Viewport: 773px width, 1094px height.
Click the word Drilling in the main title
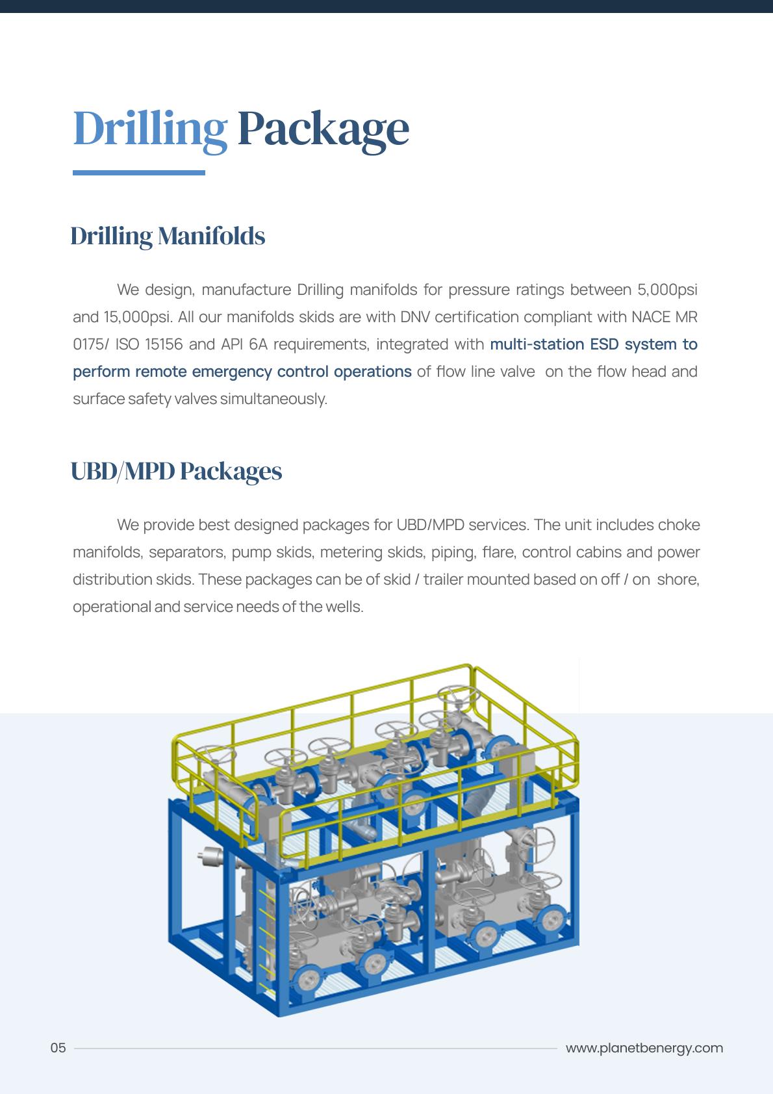click(x=150, y=129)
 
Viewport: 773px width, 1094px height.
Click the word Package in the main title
click(x=323, y=129)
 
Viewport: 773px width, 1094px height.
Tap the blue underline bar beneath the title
click(x=138, y=173)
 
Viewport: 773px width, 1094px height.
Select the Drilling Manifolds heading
click(x=168, y=236)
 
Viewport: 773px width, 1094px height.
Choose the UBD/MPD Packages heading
click(x=176, y=471)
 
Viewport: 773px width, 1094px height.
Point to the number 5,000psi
click(x=667, y=290)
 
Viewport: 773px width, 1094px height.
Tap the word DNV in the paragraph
click(x=414, y=317)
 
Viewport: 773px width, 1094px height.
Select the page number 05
click(x=58, y=1048)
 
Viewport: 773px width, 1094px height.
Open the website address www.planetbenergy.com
click(x=644, y=1048)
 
